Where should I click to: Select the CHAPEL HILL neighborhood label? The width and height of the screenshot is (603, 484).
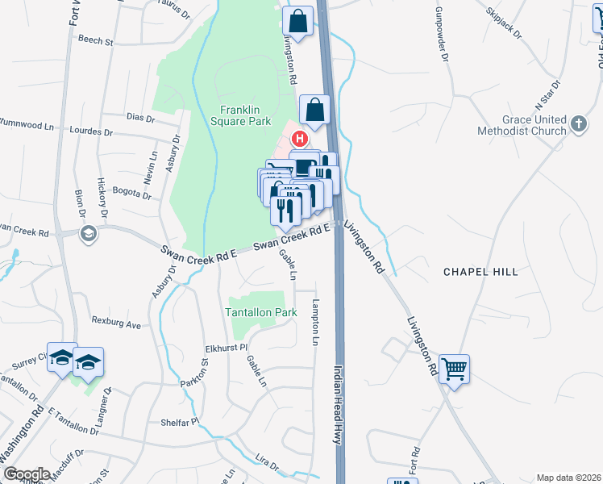click(480, 272)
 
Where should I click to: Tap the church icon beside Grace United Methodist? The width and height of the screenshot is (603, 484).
click(578, 124)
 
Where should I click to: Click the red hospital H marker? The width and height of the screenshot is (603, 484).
click(299, 138)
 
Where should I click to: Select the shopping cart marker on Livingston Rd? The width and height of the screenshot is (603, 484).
click(454, 369)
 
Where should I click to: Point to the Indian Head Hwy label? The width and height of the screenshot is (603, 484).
click(339, 404)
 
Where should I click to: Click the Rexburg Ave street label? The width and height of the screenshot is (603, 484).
click(116, 325)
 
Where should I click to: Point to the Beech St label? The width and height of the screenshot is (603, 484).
click(96, 40)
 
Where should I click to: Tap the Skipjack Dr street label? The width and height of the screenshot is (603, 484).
click(505, 23)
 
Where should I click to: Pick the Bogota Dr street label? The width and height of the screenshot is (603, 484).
click(132, 194)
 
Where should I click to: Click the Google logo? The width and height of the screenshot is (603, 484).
click(26, 474)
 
